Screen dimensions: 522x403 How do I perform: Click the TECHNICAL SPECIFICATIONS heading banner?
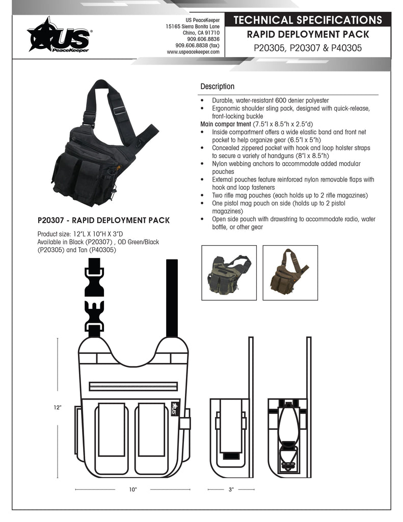point(308,20)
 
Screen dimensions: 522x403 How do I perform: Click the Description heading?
point(217,87)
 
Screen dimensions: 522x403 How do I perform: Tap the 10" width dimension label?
point(133,489)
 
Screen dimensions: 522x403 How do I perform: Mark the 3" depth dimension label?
point(231,489)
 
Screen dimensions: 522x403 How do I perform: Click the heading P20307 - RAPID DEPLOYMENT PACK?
point(103,221)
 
